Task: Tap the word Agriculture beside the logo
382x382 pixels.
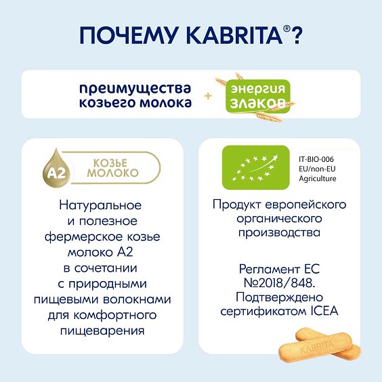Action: coord(317,178)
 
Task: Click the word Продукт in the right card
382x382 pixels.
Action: coord(234,205)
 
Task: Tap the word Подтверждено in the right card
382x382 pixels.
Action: coord(279,297)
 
